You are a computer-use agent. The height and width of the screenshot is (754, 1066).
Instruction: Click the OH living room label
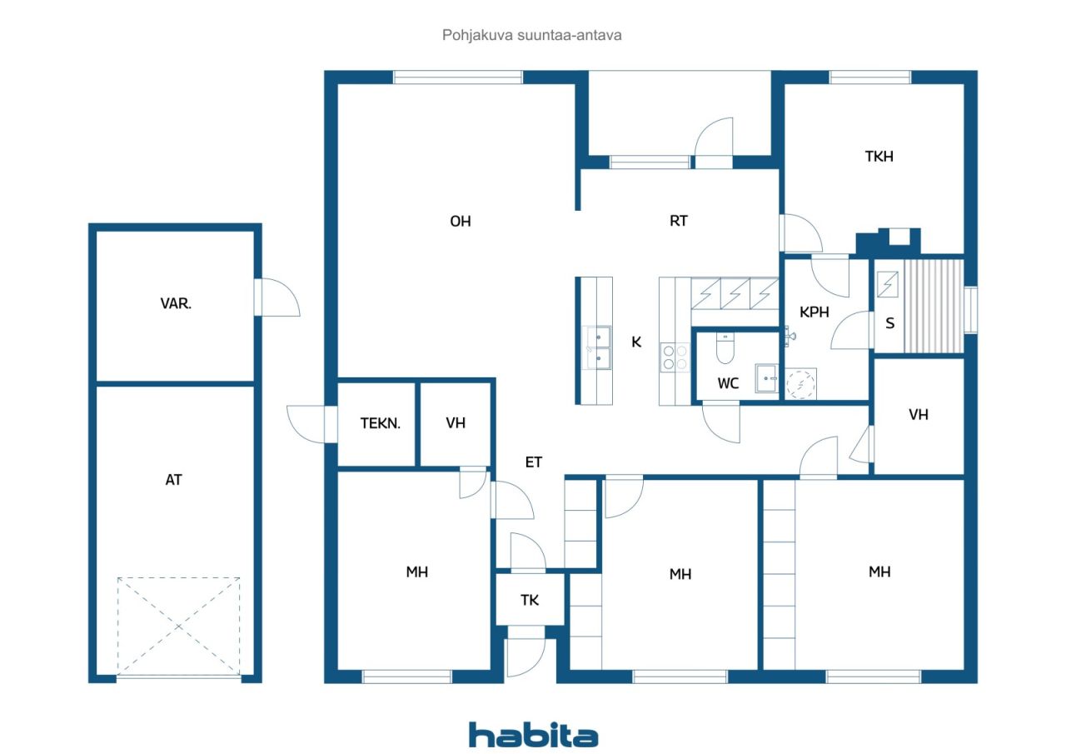(461, 222)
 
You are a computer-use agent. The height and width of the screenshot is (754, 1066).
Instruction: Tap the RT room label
(679, 221)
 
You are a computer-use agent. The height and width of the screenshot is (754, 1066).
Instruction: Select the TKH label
(879, 157)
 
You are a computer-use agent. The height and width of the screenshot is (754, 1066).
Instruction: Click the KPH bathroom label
(814, 312)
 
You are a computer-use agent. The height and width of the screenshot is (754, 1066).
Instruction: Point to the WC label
(728, 383)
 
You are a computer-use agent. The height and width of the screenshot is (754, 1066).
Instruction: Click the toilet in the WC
(725, 348)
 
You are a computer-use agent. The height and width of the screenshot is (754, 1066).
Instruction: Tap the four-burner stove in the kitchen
(675, 357)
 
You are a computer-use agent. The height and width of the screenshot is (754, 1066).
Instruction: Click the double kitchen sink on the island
(597, 347)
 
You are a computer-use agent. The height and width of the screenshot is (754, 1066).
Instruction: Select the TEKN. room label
(381, 423)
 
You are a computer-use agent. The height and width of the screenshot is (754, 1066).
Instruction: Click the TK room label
(529, 600)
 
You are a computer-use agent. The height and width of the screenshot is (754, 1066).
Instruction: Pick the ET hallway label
(534, 462)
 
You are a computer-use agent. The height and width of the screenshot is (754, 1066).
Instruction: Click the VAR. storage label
(176, 304)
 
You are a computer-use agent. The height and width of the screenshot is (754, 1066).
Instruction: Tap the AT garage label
(174, 480)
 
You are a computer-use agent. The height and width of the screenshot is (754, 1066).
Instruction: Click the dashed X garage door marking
(178, 627)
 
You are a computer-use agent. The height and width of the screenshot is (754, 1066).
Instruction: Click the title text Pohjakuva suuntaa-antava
(531, 35)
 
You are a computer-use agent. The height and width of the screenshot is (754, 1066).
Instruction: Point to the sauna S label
(890, 324)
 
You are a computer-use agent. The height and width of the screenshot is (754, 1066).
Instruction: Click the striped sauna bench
(934, 306)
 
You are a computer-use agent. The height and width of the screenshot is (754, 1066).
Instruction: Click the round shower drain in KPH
(800, 384)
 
